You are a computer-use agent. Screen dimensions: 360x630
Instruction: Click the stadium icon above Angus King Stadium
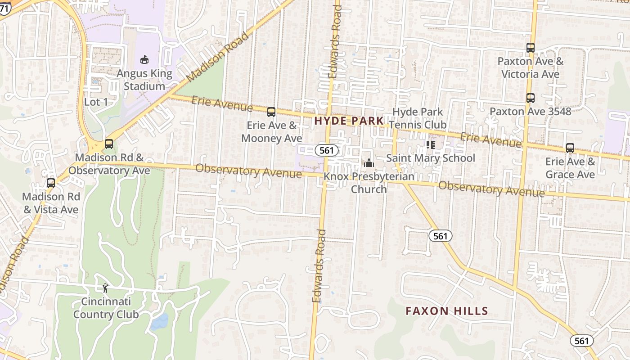pos(144,59)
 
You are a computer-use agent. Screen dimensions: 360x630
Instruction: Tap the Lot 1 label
pos(96,102)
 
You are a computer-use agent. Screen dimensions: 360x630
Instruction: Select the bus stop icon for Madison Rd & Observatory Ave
pos(109,144)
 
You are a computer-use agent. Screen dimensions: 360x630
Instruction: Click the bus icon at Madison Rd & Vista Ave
pos(51,183)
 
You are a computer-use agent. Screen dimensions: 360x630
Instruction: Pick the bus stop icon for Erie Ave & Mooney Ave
pos(271,112)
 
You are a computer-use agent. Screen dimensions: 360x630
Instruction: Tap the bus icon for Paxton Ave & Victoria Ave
pos(531,48)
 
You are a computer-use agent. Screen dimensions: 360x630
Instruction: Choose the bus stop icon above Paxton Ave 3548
pos(531,98)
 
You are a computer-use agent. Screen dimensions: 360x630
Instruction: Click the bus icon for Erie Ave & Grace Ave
pos(570,148)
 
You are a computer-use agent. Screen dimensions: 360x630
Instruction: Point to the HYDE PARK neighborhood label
pos(349,121)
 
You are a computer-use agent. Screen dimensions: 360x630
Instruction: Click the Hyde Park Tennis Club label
pos(418,118)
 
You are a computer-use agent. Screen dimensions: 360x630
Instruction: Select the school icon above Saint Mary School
pos(431,145)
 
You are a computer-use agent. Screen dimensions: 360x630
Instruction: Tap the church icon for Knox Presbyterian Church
pos(369,163)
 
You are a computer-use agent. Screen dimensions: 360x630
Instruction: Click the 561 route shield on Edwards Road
pos(326,150)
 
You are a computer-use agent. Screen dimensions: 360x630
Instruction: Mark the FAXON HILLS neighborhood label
pos(446,311)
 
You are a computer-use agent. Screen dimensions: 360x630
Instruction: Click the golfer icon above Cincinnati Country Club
pos(106,288)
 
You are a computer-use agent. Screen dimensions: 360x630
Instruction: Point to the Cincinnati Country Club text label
pos(106,308)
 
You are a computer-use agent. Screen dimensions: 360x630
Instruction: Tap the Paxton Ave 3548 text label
pos(530,111)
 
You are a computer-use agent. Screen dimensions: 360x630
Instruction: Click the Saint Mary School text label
pos(431,158)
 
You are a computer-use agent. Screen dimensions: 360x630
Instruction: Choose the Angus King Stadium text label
pos(144,80)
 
